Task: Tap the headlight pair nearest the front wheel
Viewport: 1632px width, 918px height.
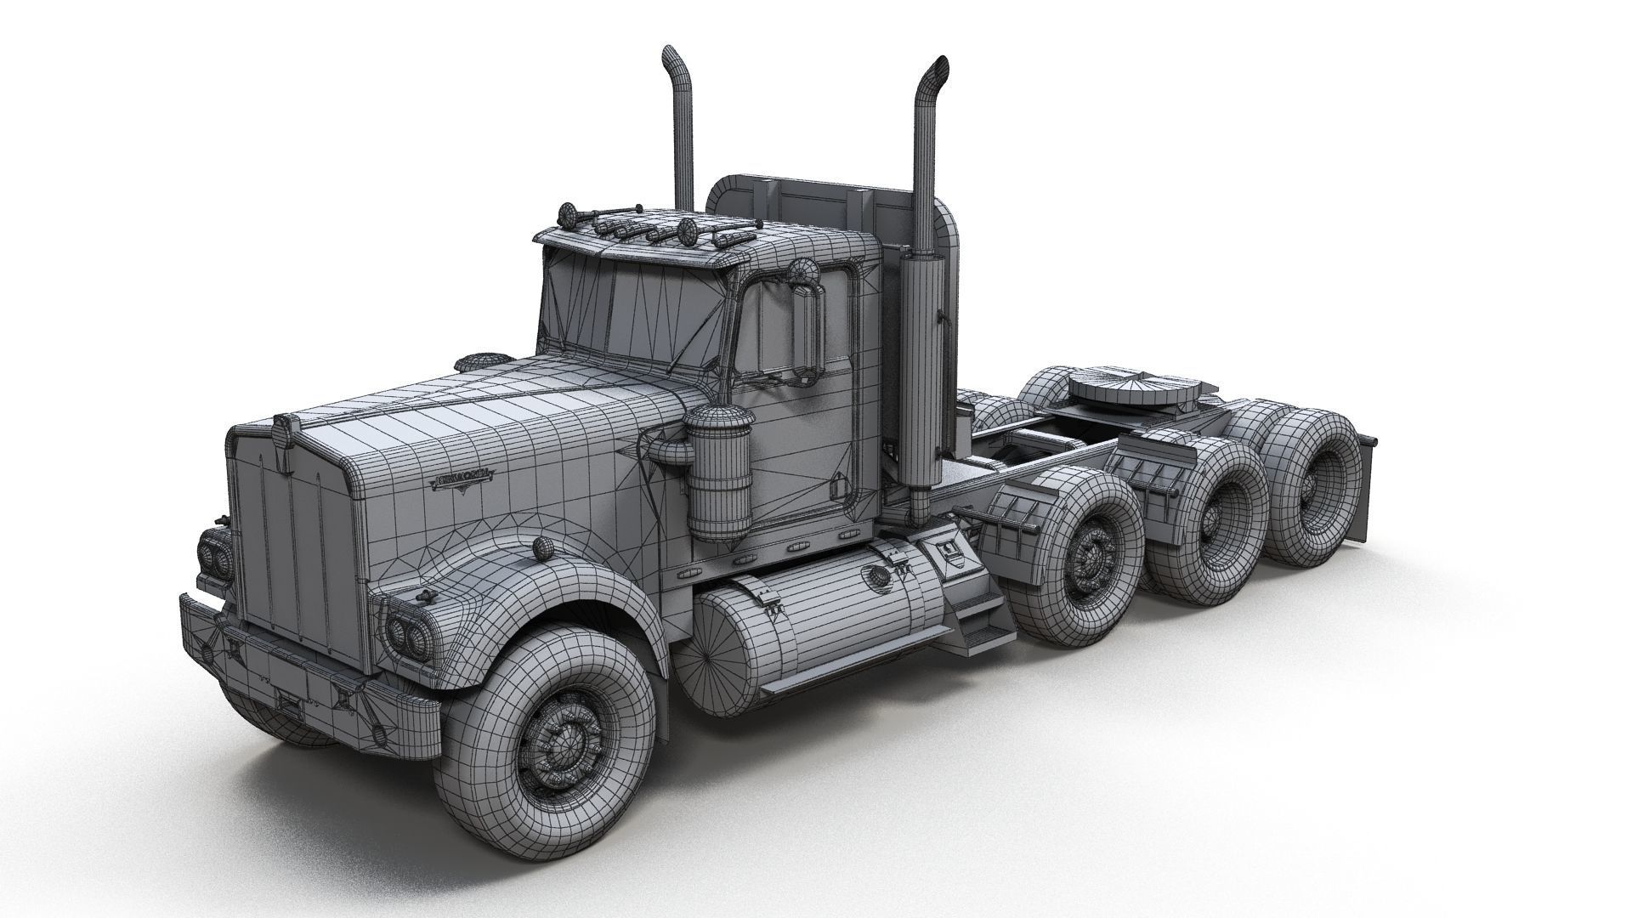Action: coord(406,630)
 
